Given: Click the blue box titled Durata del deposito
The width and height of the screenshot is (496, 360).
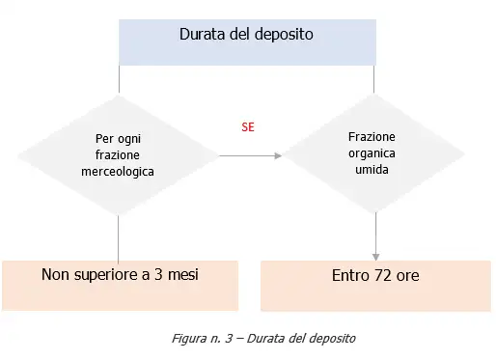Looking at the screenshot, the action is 246,42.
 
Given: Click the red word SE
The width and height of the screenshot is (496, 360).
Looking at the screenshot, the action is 248,126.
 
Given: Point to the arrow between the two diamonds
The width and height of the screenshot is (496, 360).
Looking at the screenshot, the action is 250,155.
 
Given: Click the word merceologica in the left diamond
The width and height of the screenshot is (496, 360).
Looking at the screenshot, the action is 118,171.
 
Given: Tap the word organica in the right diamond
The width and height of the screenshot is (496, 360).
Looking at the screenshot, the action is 372,152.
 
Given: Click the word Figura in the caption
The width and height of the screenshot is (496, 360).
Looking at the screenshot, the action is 188,339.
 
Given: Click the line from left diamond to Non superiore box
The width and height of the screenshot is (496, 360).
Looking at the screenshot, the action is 118,236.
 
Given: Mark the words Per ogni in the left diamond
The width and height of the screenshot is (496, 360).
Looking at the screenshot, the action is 118,138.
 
